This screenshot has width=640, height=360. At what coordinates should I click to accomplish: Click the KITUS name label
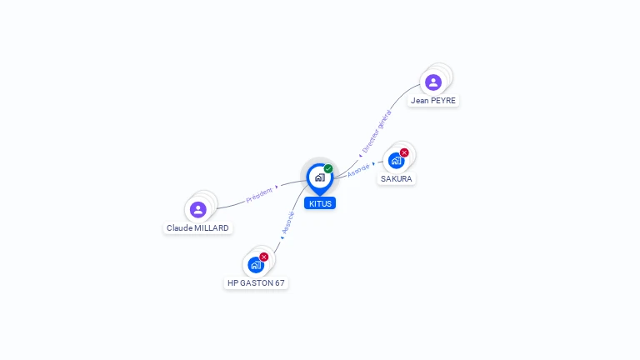[320, 203]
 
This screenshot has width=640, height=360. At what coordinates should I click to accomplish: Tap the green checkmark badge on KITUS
[328, 168]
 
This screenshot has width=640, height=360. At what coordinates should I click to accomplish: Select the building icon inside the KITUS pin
[320, 177]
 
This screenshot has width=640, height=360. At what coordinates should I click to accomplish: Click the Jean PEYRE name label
[433, 100]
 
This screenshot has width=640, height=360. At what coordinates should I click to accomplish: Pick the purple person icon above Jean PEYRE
[433, 82]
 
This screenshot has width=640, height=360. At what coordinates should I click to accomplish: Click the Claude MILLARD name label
[197, 227]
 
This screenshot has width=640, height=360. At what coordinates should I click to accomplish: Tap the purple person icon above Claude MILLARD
[198, 210]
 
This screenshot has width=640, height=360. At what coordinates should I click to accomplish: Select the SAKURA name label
[397, 179]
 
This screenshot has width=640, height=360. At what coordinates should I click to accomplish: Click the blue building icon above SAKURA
[396, 161]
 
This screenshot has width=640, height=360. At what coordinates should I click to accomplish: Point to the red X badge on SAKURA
[404, 152]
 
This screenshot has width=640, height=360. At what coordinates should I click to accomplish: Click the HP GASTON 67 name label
[256, 282]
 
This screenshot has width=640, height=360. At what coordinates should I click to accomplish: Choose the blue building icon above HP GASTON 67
[256, 265]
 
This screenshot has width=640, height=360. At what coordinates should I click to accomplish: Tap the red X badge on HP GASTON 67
[263, 257]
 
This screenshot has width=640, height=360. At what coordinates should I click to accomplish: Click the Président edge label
[259, 195]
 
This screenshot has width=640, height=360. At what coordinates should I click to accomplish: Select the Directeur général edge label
[377, 131]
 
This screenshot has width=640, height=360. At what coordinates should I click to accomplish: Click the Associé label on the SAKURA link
[358, 170]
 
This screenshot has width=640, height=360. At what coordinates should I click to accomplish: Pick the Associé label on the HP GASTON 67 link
[288, 222]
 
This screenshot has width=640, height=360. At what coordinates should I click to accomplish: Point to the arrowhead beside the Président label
[277, 187]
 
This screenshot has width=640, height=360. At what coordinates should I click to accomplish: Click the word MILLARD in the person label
[212, 227]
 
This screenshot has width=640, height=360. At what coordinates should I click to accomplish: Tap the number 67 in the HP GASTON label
[280, 282]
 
